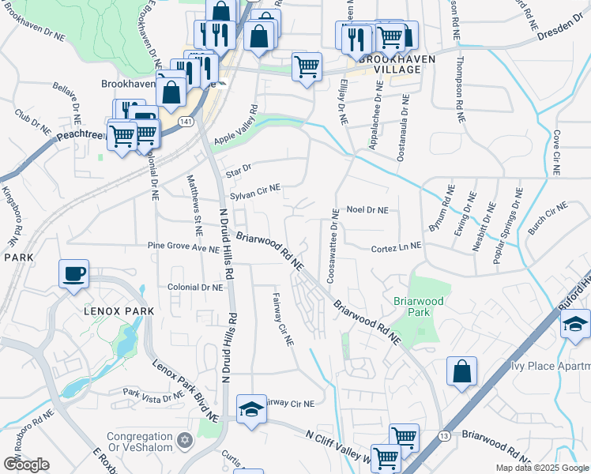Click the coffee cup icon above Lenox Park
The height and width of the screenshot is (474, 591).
coord(73,274)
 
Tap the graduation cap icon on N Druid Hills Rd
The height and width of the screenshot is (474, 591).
coord(251,409)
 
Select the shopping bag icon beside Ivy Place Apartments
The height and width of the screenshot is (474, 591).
coord(461,372)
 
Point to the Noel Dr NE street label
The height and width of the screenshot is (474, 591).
coord(367,211)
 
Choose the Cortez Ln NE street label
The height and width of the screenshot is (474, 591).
coord(396,247)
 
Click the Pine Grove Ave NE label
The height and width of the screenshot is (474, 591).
coord(183,246)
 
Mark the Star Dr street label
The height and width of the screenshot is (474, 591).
coord(238,168)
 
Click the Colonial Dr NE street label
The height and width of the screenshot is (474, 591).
coord(194,288)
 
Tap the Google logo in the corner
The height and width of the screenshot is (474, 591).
coord(26,465)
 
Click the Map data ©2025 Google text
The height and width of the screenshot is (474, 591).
coord(542,468)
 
